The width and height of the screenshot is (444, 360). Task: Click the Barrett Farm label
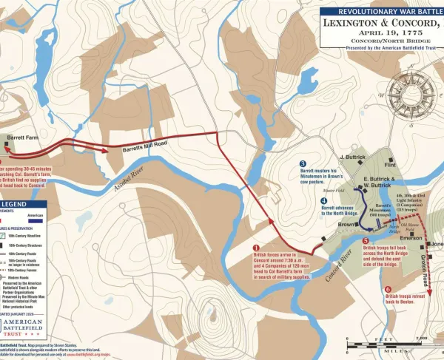tap(23, 137)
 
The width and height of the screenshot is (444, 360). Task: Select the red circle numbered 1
tap(256, 248)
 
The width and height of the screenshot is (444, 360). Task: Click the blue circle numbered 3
tap(303, 163)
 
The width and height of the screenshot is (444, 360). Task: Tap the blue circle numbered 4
tap(323, 200)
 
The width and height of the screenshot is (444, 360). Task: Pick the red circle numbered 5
tap(365, 240)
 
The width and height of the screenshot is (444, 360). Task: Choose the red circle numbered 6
tap(388, 289)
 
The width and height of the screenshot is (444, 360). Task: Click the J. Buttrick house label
tap(353, 157)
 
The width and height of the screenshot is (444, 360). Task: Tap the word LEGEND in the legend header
tap(17, 205)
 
